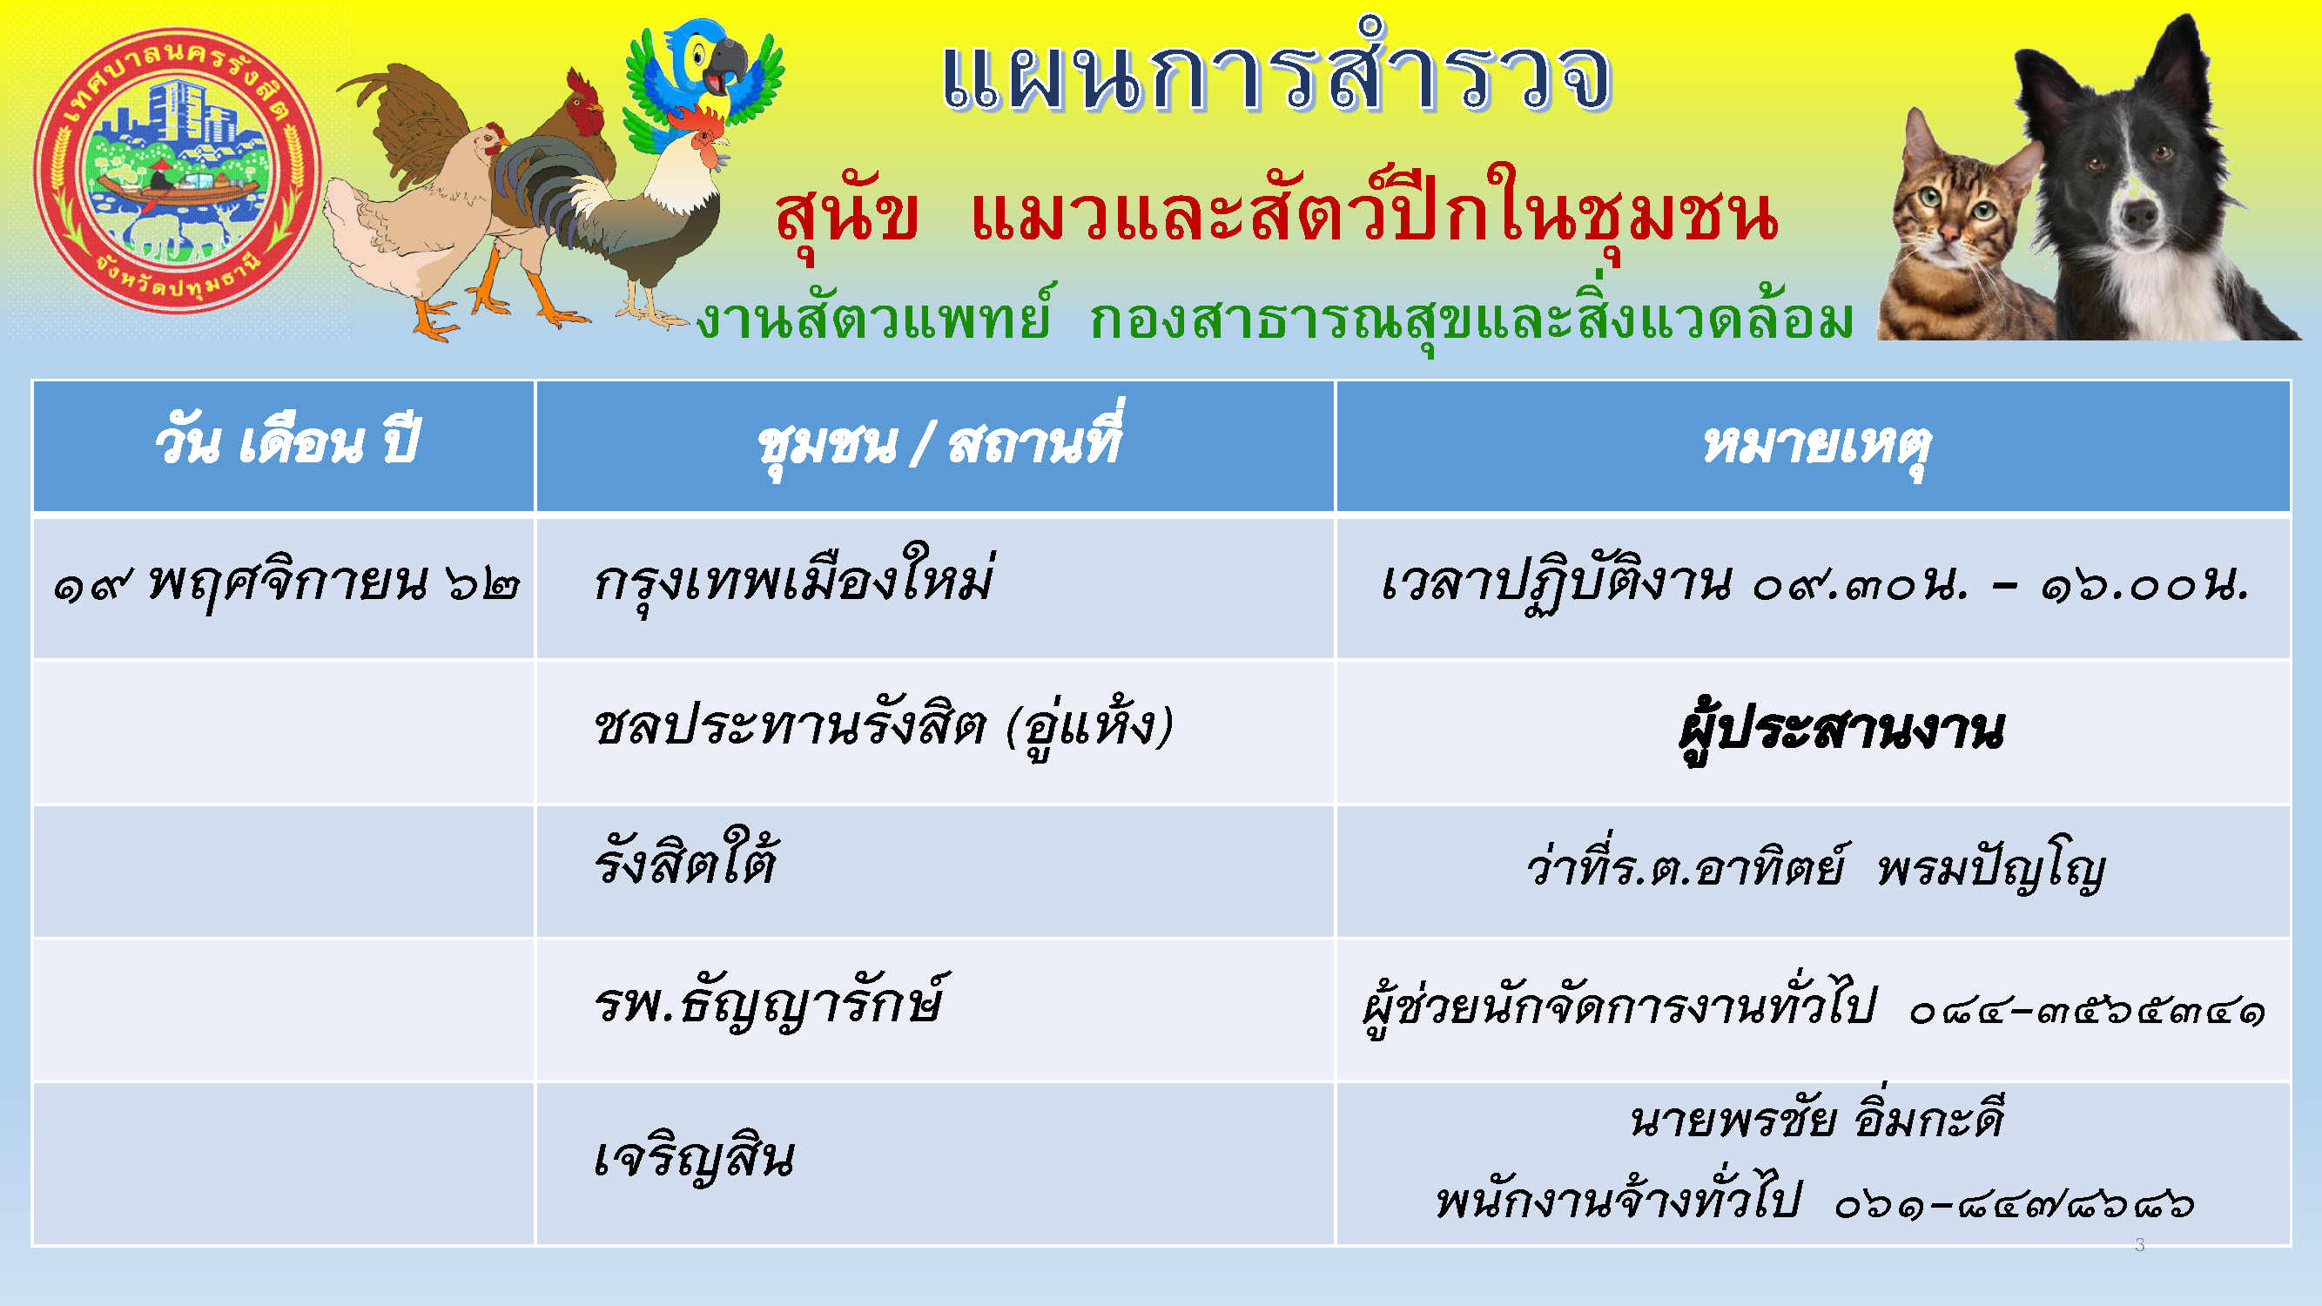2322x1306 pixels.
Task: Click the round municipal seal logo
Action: [x=178, y=172]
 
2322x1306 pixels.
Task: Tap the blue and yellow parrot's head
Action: [x=712, y=58]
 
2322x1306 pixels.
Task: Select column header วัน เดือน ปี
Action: [x=286, y=443]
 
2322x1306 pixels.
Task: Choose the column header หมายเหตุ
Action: [x=1815, y=446]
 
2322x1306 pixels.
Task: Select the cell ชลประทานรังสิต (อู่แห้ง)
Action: [x=884, y=725]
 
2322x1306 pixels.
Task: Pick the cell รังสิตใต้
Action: [x=685, y=861]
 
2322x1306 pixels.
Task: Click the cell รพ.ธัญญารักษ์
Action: [x=768, y=1003]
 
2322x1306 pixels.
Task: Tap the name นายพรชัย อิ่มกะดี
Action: [x=1817, y=1121]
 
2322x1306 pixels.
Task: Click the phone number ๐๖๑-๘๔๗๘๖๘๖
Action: [x=2014, y=1204]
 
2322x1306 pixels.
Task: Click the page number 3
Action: [x=2140, y=1245]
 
